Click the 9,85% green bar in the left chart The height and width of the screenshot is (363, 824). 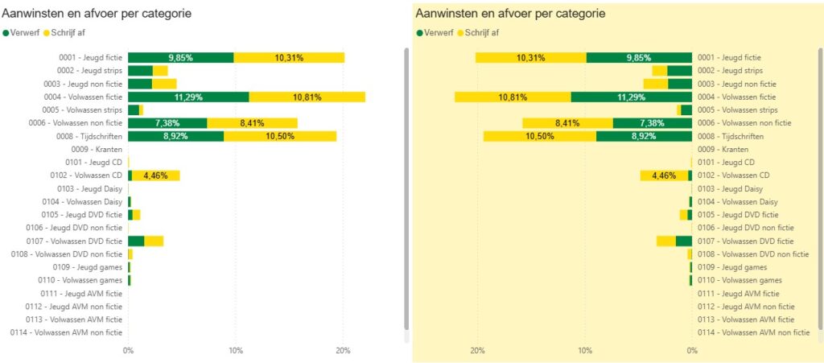point(180,58)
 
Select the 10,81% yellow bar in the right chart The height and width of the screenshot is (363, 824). point(513,97)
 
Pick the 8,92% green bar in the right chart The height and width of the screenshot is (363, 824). point(644,136)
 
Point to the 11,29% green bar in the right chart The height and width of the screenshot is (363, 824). point(632,97)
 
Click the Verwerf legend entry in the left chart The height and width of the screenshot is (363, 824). point(24,33)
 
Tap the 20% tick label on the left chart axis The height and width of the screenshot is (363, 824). point(343,352)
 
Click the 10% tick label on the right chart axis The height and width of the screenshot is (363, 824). point(585,352)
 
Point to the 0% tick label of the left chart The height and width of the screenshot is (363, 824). point(128,352)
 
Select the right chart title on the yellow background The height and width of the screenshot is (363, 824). point(510,14)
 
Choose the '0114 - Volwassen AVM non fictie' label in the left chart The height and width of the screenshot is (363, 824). point(66,332)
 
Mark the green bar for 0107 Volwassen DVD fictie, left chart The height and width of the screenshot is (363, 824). point(136,241)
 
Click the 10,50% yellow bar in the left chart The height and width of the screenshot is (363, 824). point(280,136)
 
